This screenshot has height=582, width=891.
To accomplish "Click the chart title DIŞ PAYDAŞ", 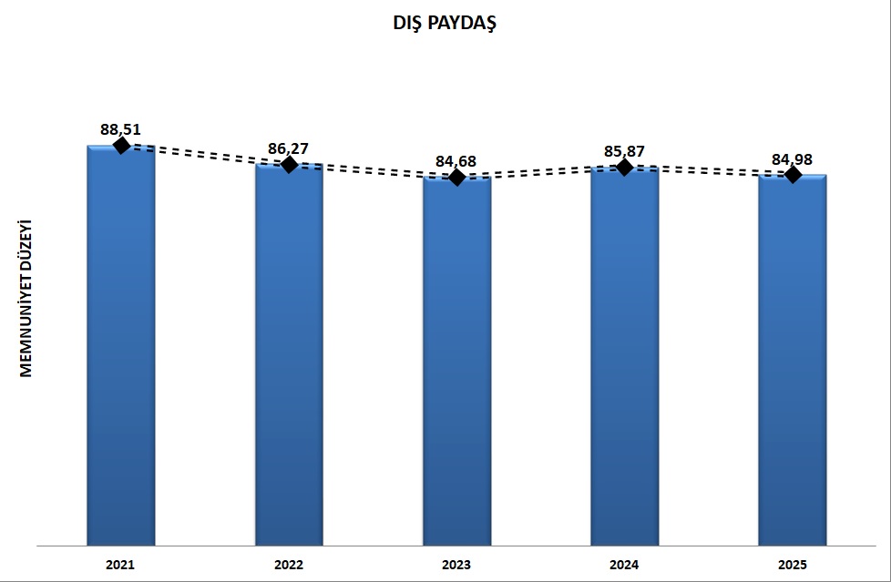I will [x=444, y=25].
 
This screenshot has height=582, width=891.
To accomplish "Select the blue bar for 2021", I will [x=120, y=346].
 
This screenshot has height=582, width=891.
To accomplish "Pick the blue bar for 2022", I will [x=289, y=355].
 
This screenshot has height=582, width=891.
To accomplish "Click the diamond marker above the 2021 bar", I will [x=120, y=146].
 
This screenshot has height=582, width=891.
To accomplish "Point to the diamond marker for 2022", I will [x=289, y=164].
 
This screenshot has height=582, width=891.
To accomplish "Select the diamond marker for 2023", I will [x=457, y=177].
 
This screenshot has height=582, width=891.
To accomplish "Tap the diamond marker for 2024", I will [x=624, y=167].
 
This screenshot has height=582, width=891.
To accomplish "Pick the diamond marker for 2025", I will [x=793, y=174].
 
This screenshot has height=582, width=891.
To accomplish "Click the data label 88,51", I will [x=120, y=129].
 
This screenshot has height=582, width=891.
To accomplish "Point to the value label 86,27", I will [x=288, y=148].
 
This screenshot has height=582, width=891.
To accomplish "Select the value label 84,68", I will [x=456, y=161].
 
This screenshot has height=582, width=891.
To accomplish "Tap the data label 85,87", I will [x=624, y=150].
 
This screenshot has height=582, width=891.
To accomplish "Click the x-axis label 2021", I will [x=120, y=566].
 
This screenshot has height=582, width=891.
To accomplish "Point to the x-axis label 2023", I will [x=456, y=566].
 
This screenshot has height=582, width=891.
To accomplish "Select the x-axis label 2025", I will [x=793, y=566].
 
